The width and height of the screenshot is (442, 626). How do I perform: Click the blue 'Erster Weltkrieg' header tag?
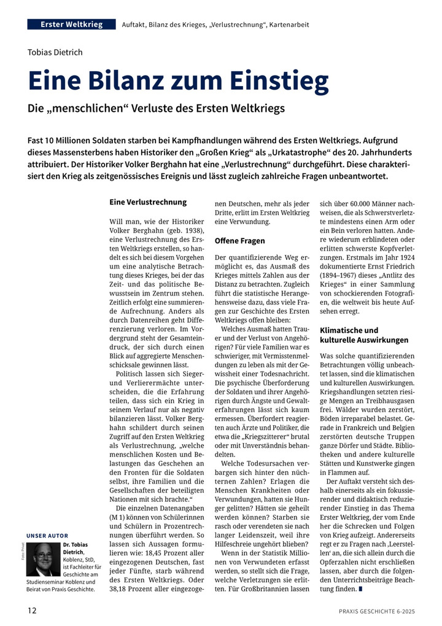(x=72, y=25)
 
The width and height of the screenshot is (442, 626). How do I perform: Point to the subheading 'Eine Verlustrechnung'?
(x=148, y=201)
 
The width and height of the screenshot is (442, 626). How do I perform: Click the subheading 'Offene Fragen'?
(x=240, y=240)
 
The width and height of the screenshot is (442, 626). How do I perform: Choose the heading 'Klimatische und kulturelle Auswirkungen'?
(x=364, y=335)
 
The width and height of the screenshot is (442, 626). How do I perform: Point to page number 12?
(x=32, y=611)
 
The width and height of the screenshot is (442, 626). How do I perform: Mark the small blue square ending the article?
(x=360, y=589)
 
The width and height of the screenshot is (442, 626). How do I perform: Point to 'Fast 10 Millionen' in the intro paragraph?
(x=65, y=141)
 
